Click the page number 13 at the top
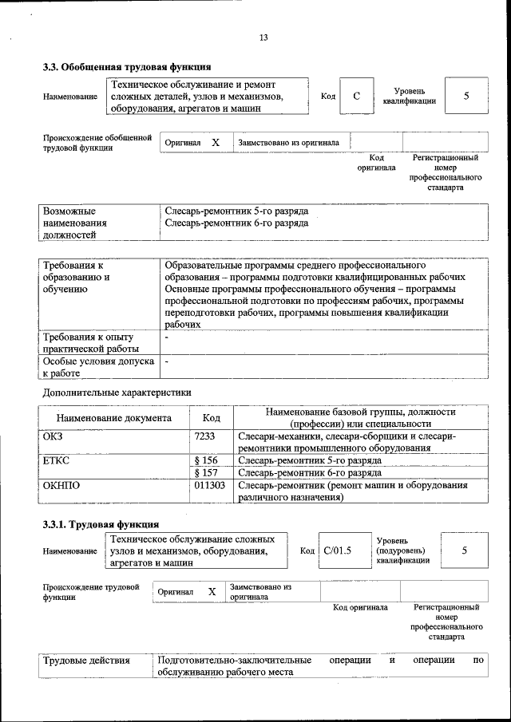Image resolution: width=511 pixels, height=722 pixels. point(263,37)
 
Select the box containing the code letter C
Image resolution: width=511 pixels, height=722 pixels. point(357,97)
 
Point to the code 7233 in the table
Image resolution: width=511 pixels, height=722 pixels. point(204,436)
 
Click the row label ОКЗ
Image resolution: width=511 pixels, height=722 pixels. point(53,436)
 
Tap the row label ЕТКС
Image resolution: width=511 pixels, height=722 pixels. point(57,460)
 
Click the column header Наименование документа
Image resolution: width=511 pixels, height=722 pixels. point(113,417)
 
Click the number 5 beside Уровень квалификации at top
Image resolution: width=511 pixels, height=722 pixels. point(465,97)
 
